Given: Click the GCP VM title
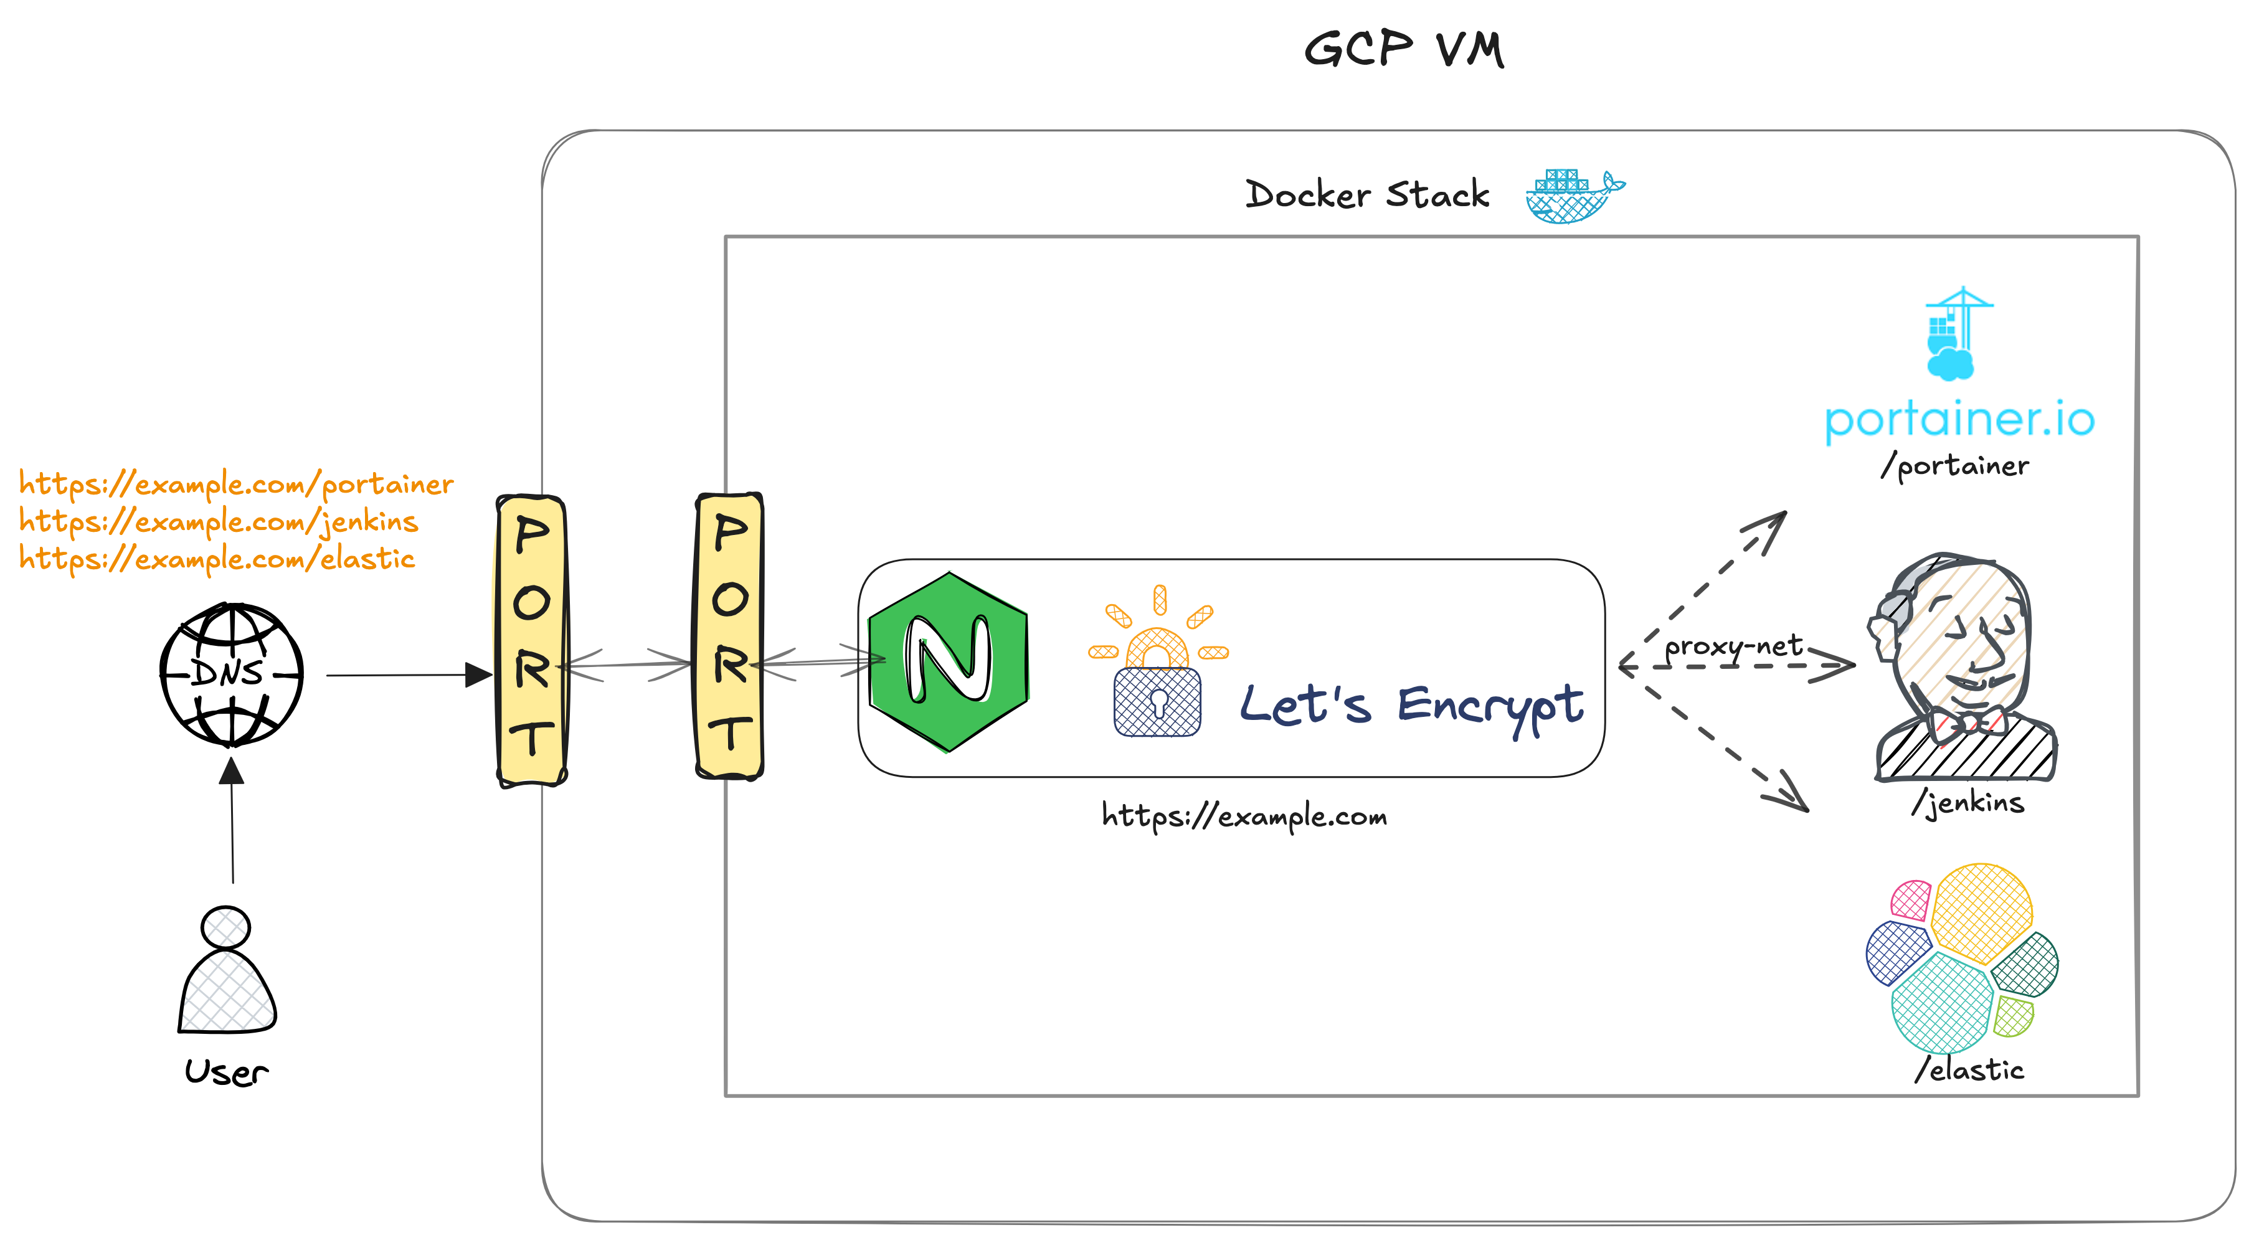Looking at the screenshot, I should coord(1403,49).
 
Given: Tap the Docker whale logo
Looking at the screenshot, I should coord(1573,197).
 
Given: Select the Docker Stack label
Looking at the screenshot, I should coord(1366,194).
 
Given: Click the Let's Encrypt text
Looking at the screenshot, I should coord(1411,705).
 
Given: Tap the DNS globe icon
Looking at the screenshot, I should coord(231,673).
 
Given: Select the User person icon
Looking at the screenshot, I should coord(227,972).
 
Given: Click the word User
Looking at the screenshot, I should coord(225,1072).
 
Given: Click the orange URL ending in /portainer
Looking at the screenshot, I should coord(236,484).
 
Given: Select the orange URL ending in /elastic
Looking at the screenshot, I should coord(217,558).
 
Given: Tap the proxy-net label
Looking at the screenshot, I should coord(1733,646).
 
